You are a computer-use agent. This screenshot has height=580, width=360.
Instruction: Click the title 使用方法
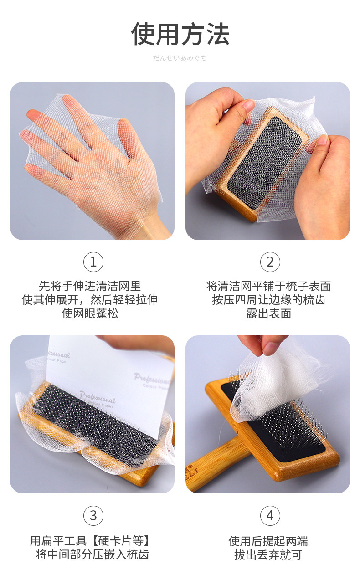180,34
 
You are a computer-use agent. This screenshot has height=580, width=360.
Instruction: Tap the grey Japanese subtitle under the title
180,58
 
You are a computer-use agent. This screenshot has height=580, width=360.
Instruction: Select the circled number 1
93,262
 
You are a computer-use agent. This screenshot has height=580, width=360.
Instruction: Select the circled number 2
270,262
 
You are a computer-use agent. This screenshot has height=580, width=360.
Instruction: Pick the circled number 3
93,515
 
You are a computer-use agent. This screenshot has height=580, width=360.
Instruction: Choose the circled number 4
270,515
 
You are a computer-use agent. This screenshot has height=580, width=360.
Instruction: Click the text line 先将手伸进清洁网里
90,287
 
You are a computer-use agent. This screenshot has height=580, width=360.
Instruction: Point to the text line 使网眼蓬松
90,313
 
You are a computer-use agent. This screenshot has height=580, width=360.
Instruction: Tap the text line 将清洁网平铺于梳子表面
268,287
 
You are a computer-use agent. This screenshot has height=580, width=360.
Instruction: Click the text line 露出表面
268,313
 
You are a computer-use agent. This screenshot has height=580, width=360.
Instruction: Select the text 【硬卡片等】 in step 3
121,541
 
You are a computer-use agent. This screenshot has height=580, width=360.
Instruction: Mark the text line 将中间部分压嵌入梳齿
93,554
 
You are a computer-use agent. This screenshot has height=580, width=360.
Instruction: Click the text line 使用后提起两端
268,541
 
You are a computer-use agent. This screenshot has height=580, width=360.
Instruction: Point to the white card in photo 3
109,383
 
